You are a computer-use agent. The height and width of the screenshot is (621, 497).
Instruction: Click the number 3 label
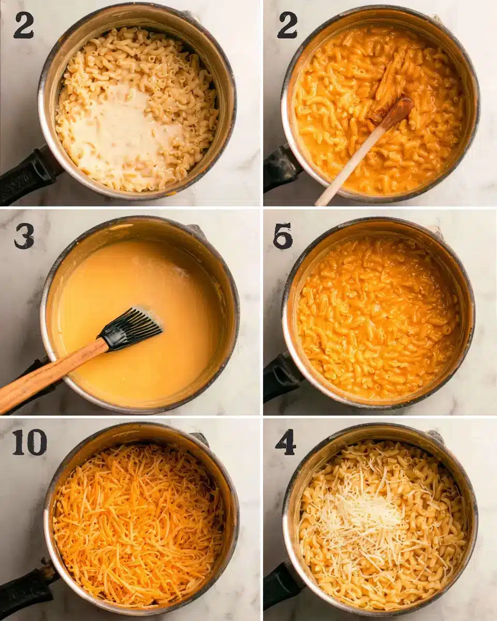click(24, 236)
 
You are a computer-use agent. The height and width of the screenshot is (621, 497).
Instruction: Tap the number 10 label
click(30, 442)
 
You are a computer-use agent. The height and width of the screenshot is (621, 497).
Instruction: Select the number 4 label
click(285, 442)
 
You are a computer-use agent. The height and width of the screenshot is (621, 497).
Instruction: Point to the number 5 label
click(283, 236)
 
